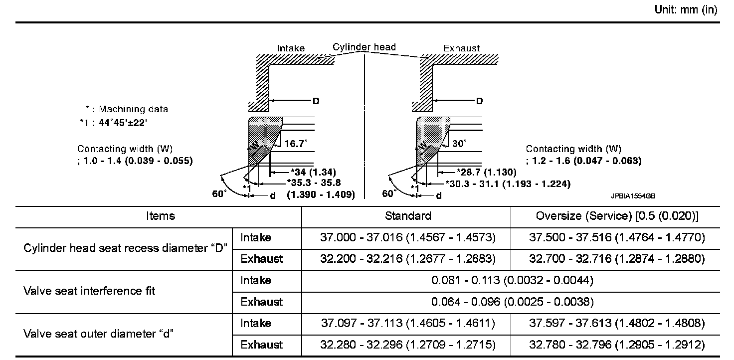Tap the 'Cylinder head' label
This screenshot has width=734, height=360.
pos(364,47)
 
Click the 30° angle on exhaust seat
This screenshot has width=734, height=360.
pos(459,144)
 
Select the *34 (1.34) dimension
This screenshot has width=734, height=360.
pos(299,173)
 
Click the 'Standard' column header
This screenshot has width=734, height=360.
pos(408,216)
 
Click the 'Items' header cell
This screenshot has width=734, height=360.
pos(161,216)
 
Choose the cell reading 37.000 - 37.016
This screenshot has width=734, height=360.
pos(407,238)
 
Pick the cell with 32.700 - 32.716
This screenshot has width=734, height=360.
pos(617,259)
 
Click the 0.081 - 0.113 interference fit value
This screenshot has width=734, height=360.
pos(512,281)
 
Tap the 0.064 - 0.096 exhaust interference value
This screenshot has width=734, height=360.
pos(512,302)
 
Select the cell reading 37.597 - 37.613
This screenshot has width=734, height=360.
pos(617,324)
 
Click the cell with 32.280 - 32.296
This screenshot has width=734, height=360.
pos(407,345)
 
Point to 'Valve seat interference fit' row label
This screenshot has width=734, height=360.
pos(89,291)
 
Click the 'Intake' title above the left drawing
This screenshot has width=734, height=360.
pos(291,48)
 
